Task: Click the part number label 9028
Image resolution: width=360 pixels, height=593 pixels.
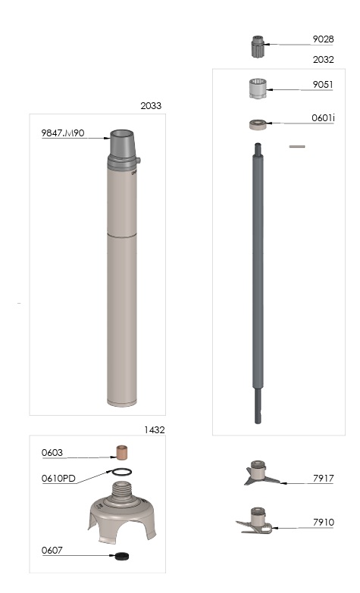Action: tap(323, 39)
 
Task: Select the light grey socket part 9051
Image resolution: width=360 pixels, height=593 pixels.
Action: tap(258, 89)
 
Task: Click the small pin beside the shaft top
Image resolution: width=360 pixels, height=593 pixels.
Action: tap(297, 146)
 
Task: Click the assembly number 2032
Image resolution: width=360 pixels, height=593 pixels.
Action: tap(324, 59)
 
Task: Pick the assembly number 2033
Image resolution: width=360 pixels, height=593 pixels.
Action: tap(151, 106)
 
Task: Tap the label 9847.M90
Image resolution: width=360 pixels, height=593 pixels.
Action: tap(63, 133)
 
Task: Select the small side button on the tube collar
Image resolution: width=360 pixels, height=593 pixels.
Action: tap(139, 161)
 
